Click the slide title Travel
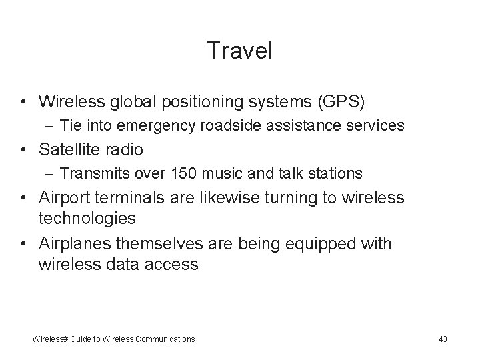coord(239,51)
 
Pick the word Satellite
coord(73,149)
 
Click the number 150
coord(183,173)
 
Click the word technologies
coord(87,217)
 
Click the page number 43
coord(443,339)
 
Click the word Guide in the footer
coord(76,339)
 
